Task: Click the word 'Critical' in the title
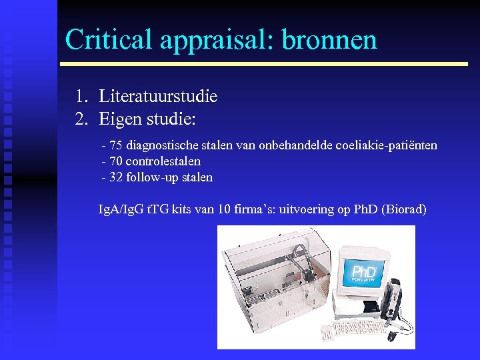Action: [x=109, y=39]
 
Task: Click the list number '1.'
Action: [x=81, y=97]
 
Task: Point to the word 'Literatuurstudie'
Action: [x=158, y=97]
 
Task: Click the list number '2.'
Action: [x=81, y=120]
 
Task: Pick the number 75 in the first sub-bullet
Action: [x=116, y=145]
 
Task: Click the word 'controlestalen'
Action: [x=163, y=161]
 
